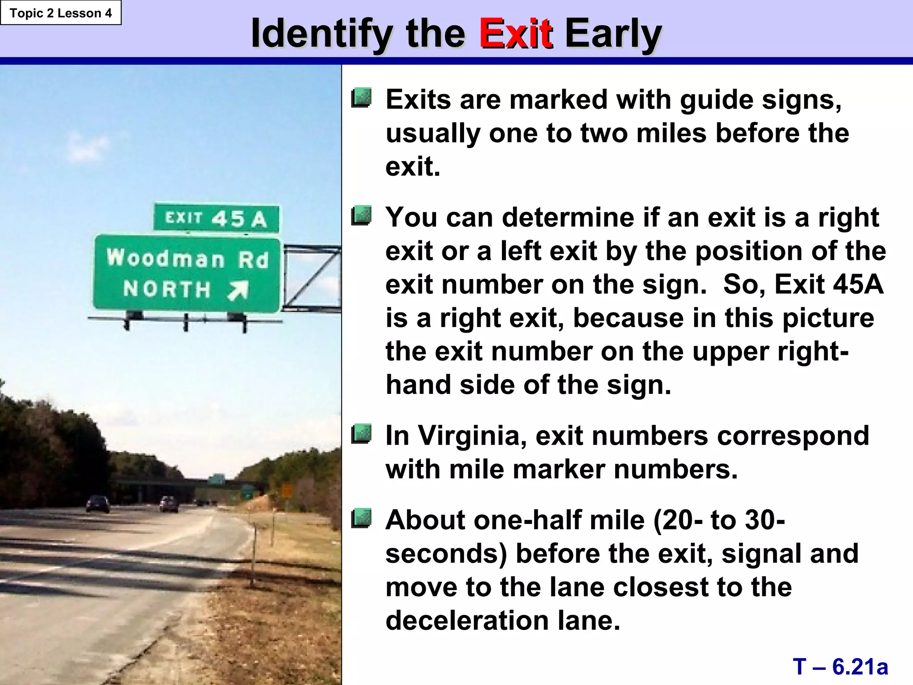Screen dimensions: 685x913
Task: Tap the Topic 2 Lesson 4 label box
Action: (61, 13)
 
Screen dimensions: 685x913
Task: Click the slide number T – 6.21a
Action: (840, 666)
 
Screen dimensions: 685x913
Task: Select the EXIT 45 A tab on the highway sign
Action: (216, 218)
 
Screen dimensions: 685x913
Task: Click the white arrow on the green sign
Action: (238, 290)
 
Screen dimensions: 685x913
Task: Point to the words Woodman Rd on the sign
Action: (188, 259)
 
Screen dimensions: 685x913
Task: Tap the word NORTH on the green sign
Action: (167, 289)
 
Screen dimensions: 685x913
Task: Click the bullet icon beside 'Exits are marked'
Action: (361, 98)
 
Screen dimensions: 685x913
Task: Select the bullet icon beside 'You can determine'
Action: (361, 216)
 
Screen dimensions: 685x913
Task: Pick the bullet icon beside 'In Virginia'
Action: (361, 434)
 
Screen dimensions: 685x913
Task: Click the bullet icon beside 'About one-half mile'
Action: (361, 518)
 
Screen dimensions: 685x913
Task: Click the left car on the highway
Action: (98, 504)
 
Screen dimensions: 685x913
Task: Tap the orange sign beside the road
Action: (287, 491)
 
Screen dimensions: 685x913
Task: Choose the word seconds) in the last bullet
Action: (446, 553)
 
